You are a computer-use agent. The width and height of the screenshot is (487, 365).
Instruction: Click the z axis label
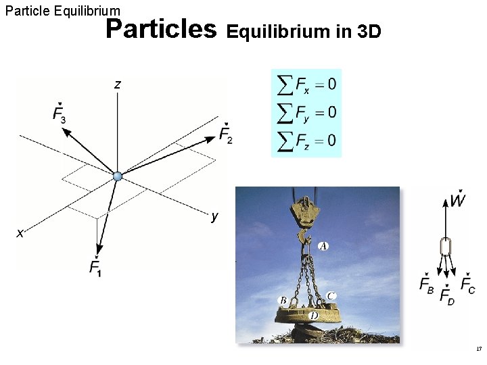118,84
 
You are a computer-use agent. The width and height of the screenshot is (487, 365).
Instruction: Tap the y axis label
214,216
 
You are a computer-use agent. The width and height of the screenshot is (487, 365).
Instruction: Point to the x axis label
20,233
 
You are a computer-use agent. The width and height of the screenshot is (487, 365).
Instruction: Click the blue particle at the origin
118,176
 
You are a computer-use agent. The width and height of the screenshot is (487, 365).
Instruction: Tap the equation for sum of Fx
306,84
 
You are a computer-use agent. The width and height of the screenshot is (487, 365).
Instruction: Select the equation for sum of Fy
306,112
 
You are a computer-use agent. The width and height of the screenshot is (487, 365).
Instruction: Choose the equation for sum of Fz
306,140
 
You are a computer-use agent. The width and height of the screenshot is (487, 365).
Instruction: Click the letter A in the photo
323,246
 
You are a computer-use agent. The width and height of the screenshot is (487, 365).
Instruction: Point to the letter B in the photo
283,299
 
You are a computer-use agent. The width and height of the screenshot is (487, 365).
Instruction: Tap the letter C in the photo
331,295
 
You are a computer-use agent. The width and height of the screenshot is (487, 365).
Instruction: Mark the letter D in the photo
313,315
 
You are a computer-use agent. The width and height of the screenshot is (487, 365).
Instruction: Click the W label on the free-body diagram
458,201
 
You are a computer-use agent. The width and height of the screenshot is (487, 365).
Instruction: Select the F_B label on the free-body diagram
427,285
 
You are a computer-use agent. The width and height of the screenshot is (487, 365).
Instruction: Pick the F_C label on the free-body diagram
467,285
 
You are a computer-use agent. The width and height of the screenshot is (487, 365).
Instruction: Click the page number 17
479,349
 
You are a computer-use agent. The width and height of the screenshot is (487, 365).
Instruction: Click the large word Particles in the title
162,29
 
